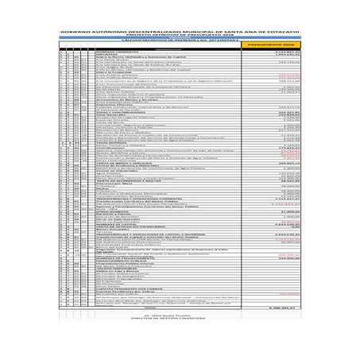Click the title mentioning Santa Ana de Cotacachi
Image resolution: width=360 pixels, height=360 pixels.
pyautogui.click(x=180, y=33)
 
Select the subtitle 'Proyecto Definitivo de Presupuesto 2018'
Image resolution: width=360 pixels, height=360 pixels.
pyautogui.click(x=180, y=37)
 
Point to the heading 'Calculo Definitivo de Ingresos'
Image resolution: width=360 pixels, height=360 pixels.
pyautogui.click(x=180, y=41)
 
